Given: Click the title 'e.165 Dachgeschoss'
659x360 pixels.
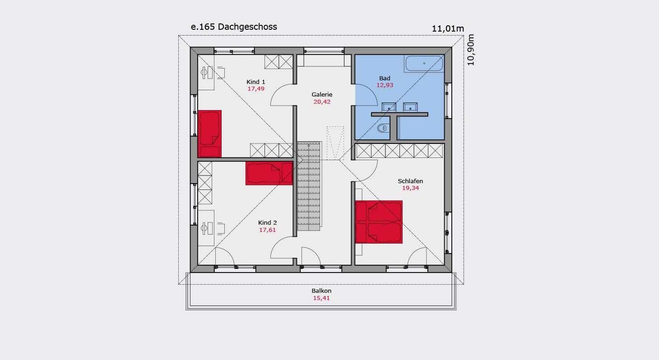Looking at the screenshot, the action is point(234,27).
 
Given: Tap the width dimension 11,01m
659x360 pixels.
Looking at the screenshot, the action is point(448,28).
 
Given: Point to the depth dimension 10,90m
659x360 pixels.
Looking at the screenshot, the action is point(471,50).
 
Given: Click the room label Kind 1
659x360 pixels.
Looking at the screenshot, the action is point(255,82).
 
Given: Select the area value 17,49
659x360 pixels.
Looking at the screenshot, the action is point(255,89).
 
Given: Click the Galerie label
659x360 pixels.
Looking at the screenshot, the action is point(322,94).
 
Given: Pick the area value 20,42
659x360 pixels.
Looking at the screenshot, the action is point(322,102).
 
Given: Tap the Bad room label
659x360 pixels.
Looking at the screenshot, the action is point(385,78).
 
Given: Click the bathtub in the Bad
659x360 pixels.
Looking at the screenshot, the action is point(424,64).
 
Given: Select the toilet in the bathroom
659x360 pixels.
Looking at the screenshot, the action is point(383,128).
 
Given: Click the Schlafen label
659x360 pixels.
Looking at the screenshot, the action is point(410,181).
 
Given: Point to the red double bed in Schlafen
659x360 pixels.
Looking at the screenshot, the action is point(379,222).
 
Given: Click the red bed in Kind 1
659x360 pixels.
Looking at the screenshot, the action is point(209,134).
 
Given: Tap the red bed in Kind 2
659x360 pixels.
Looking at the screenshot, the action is point(269,173).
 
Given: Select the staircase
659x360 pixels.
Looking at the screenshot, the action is point(308,186).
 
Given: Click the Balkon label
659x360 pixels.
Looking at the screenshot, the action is point(321,291).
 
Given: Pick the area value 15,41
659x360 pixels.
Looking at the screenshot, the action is point(321,298).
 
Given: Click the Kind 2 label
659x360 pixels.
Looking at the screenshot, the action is point(267,223).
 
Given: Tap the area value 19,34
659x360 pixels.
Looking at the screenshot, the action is point(410,188).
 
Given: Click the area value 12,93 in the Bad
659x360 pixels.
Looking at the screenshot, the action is point(385,85).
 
